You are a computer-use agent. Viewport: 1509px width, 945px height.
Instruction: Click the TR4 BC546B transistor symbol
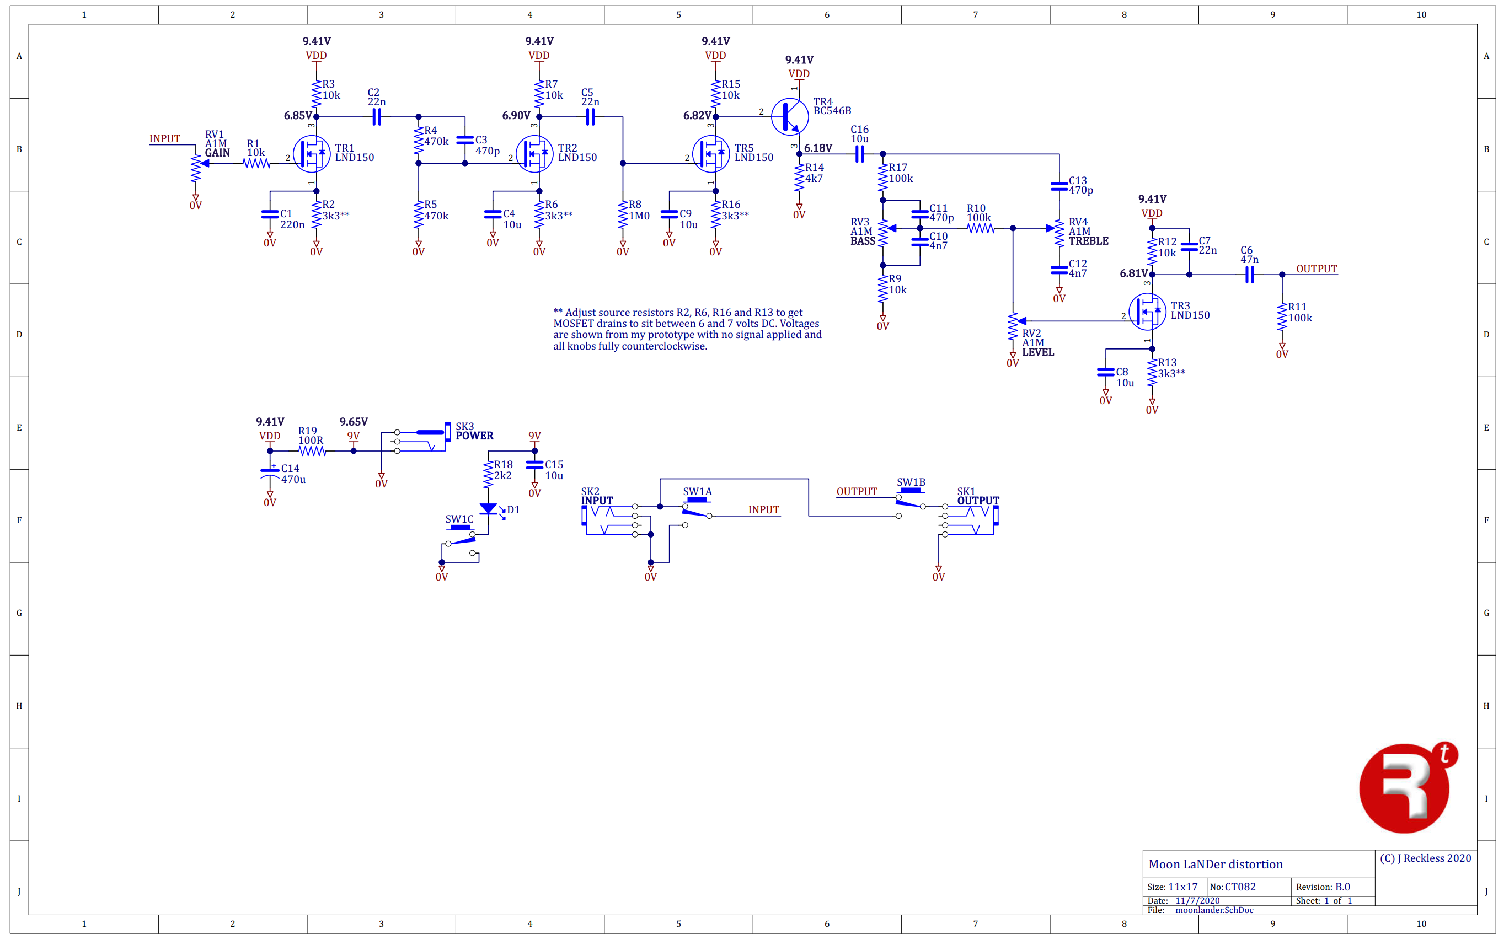pyautogui.click(x=789, y=117)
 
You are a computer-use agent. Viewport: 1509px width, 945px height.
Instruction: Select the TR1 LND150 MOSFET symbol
pyautogui.click(x=311, y=154)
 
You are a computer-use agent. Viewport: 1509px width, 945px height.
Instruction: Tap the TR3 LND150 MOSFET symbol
pyautogui.click(x=1147, y=312)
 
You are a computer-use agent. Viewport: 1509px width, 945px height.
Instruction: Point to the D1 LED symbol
pyautogui.click(x=488, y=509)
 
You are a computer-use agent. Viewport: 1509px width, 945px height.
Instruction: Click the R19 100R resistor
pyautogui.click(x=312, y=451)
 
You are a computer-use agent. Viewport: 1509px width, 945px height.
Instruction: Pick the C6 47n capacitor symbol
pyautogui.click(x=1249, y=275)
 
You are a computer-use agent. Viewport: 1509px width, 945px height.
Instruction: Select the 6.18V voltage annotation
pyautogui.click(x=817, y=148)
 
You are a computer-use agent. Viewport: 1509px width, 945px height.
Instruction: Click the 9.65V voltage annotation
pyautogui.click(x=353, y=422)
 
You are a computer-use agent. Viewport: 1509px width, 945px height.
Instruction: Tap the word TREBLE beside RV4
pyautogui.click(x=1088, y=241)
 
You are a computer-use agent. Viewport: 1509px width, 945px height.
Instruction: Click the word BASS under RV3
pyautogui.click(x=863, y=241)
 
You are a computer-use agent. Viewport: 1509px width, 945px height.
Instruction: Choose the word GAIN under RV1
pyautogui.click(x=217, y=153)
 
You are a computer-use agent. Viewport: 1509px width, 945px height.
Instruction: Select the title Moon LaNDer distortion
pyautogui.click(x=1215, y=865)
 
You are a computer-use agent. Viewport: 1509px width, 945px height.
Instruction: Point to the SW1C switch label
pyautogui.click(x=459, y=519)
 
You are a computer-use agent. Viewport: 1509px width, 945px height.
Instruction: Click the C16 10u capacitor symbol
pyautogui.click(x=859, y=154)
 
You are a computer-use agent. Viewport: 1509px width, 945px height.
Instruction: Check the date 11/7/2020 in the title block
pyautogui.click(x=1197, y=901)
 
